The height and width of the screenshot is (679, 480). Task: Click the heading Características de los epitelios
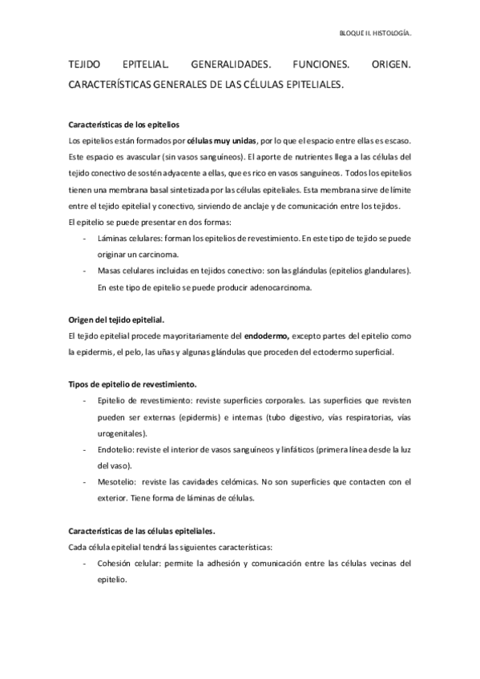coord(124,126)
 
